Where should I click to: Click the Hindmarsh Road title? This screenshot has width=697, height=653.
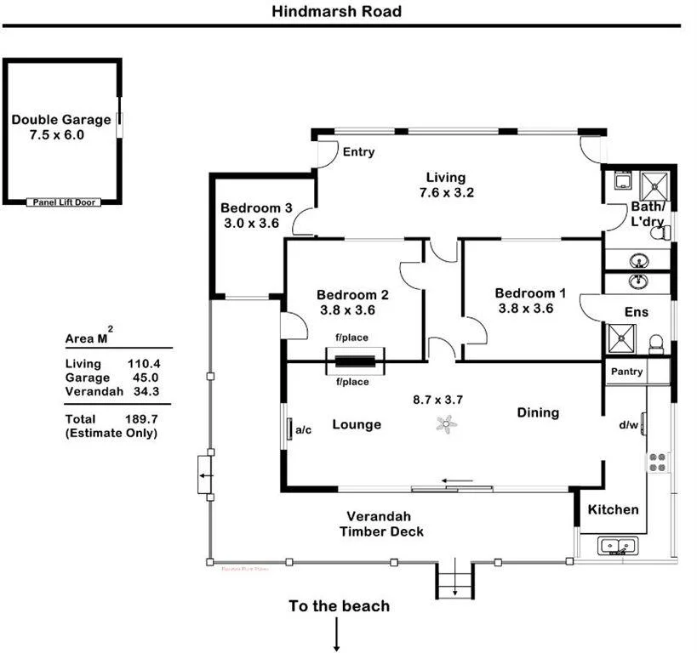[336, 12]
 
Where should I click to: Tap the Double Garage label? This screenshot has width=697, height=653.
[60, 120]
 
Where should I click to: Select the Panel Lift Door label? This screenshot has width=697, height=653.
[64, 202]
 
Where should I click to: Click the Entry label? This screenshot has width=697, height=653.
[358, 152]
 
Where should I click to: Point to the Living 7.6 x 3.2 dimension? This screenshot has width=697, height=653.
[446, 193]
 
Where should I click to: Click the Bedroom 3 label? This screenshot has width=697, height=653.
[256, 207]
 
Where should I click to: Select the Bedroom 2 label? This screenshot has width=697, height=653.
[354, 295]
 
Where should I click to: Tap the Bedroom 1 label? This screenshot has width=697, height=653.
[530, 293]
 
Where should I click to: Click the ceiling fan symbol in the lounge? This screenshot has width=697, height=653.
[445, 424]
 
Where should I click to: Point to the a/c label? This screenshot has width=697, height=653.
[305, 430]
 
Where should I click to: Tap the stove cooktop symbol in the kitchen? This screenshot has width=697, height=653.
[658, 462]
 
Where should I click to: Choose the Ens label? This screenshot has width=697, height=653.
[637, 312]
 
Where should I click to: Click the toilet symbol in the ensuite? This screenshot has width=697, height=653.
[655, 344]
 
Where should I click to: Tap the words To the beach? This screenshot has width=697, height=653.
[339, 606]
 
